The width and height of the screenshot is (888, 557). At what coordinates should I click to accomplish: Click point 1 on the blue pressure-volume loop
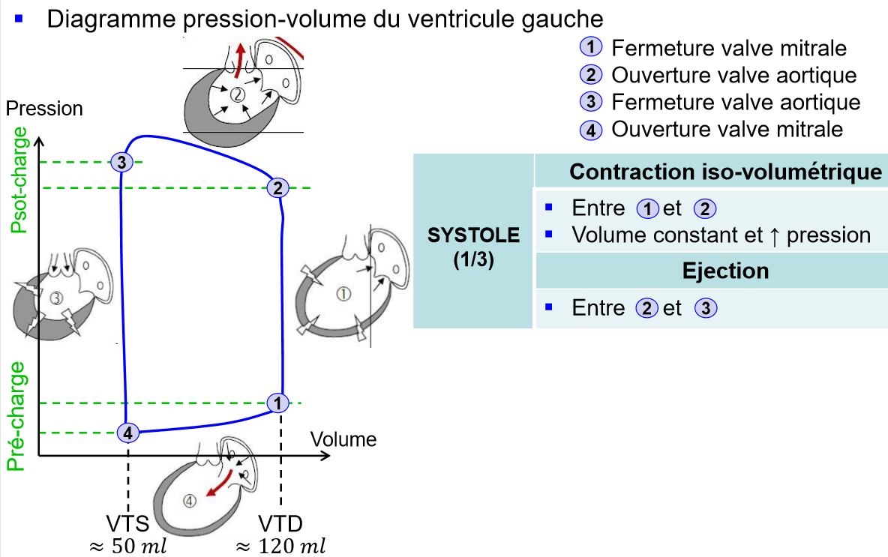click(x=277, y=403)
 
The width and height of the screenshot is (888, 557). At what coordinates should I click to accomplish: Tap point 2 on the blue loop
click(x=277, y=187)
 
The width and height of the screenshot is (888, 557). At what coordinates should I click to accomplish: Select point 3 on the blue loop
click(x=121, y=163)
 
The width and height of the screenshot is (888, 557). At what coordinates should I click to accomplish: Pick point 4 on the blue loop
click(x=128, y=433)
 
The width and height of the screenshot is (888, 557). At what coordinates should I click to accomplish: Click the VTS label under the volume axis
click(x=128, y=523)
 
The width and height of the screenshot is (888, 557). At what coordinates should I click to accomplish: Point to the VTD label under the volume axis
click(x=281, y=523)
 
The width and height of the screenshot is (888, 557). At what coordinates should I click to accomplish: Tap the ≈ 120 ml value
click(x=281, y=547)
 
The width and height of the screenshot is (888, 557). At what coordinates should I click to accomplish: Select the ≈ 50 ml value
click(x=128, y=547)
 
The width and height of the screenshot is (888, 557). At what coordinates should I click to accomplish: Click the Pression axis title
click(x=44, y=108)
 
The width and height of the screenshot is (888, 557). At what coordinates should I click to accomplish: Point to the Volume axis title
click(x=343, y=439)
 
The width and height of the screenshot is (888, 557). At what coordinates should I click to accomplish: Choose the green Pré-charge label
click(x=16, y=417)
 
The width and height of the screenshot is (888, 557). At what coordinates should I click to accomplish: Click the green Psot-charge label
click(x=19, y=180)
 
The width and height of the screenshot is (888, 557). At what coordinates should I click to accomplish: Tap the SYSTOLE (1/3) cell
click(x=473, y=247)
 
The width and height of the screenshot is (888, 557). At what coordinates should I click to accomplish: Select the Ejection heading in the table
click(x=725, y=271)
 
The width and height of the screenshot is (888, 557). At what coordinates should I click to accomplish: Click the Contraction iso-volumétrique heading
click(x=725, y=172)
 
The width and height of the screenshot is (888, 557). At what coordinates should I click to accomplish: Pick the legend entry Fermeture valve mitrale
click(x=729, y=48)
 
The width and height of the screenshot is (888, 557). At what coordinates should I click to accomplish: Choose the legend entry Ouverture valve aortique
click(x=734, y=75)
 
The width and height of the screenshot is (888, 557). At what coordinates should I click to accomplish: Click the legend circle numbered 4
click(x=591, y=130)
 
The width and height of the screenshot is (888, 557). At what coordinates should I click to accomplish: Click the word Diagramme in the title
click(x=111, y=19)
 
